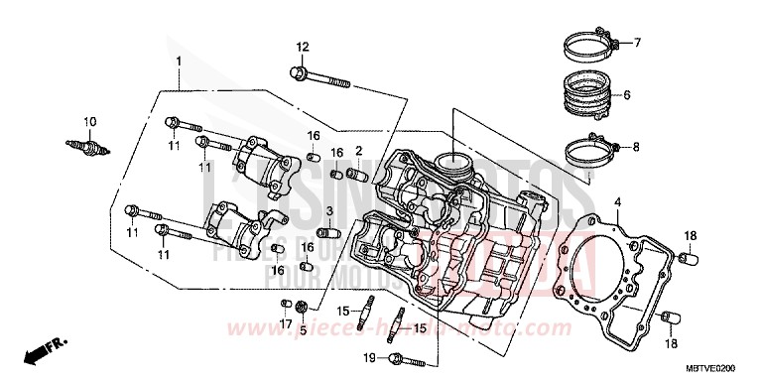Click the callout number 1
coord(179,63)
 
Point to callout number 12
coord(303,48)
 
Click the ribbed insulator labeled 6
coord(595,95)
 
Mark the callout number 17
coord(285,323)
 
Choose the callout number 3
coord(328,210)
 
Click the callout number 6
coord(626,96)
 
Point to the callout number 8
coord(636,147)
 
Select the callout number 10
coord(89,122)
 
